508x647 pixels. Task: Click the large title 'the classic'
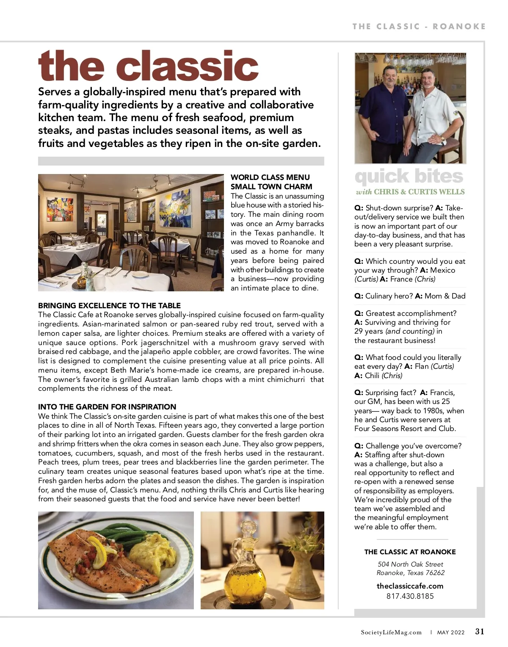(x=148, y=66)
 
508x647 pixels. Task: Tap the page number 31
(x=479, y=632)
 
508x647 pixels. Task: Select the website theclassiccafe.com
(x=410, y=586)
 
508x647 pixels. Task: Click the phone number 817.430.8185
(x=410, y=596)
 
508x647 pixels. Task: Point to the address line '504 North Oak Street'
(x=410, y=564)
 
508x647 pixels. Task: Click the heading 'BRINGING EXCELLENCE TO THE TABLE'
(x=109, y=306)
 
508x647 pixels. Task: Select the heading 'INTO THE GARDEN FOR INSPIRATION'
(x=107, y=407)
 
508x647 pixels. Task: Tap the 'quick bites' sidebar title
(x=409, y=177)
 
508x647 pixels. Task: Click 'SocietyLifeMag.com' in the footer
(x=391, y=633)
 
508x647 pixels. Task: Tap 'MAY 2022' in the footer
(x=451, y=633)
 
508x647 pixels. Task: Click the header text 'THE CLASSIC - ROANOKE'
(x=419, y=26)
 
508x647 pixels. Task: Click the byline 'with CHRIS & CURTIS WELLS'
(x=410, y=192)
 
